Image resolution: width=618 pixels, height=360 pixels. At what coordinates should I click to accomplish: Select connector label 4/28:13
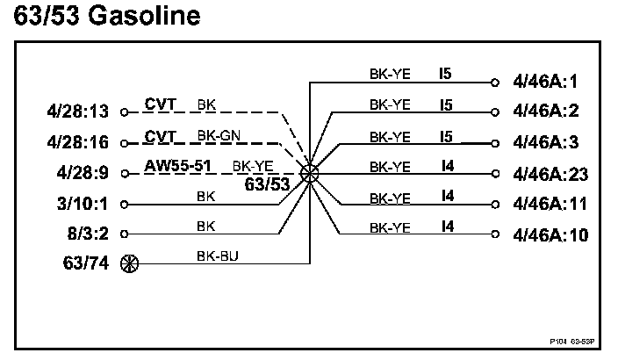point(76,112)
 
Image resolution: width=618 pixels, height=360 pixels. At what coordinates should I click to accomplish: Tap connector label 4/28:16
point(76,140)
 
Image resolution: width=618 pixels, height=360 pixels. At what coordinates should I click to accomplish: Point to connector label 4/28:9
point(80,172)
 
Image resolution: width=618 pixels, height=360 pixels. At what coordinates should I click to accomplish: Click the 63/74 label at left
point(85,263)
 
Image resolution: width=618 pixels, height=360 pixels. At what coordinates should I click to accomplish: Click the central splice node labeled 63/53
point(309,173)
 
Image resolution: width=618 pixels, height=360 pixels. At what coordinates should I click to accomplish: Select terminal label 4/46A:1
point(550,83)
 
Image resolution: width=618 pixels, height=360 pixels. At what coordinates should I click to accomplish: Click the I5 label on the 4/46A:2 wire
point(446,104)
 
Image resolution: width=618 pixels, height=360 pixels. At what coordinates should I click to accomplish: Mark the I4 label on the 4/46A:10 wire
point(448,226)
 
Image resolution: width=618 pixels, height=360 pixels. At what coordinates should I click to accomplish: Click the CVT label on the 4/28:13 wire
point(161,104)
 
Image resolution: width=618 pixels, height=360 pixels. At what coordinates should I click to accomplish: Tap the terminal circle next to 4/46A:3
point(496,142)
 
